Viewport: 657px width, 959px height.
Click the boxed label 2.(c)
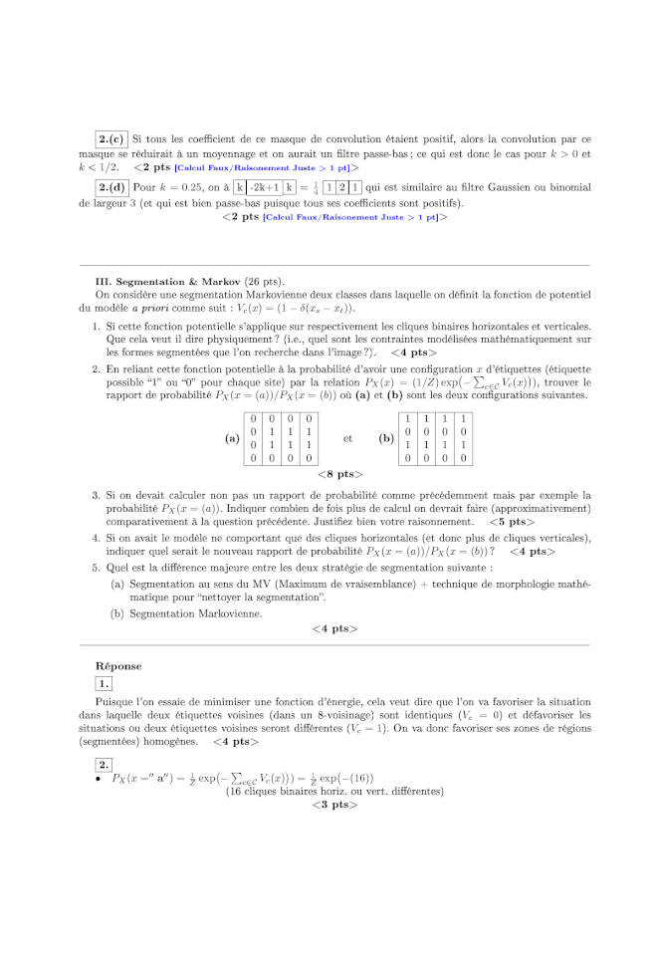click(x=111, y=140)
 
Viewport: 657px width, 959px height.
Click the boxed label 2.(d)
click(x=111, y=187)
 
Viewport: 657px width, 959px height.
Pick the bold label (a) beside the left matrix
click(x=232, y=438)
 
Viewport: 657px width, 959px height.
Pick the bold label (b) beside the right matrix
click(x=385, y=438)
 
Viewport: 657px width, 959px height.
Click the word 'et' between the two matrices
click(x=347, y=438)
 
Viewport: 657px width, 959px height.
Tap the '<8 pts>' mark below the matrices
click(x=338, y=474)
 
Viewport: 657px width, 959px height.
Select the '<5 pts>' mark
click(x=511, y=521)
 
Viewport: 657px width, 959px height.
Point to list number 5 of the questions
click(x=96, y=568)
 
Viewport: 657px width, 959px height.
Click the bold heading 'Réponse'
click(x=118, y=665)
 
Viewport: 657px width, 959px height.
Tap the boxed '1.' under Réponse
click(x=104, y=683)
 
